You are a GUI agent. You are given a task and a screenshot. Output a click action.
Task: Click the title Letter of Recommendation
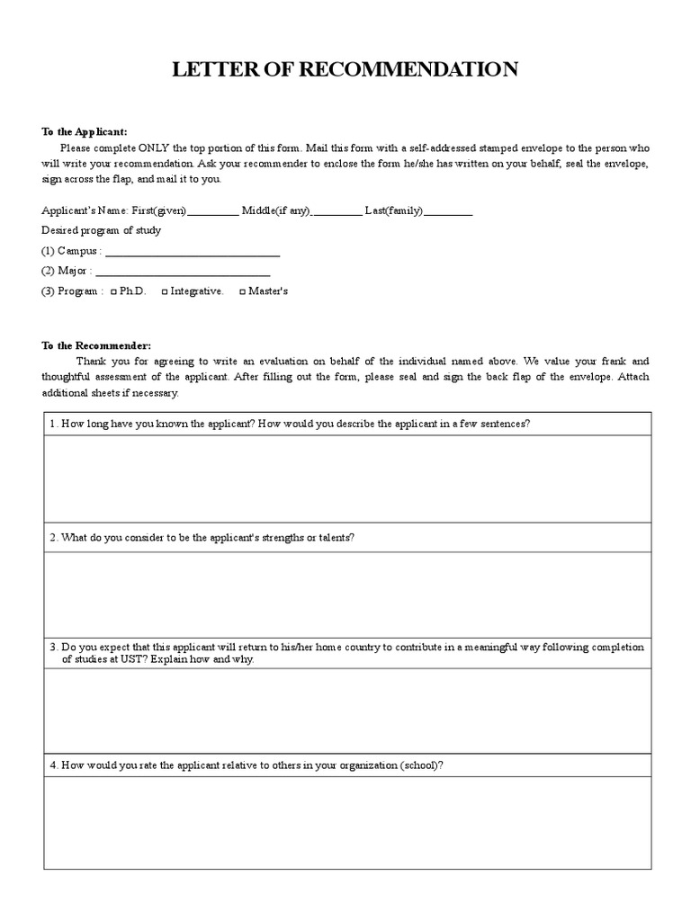[345, 70]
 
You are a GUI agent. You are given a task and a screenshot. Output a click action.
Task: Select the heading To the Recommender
[96, 345]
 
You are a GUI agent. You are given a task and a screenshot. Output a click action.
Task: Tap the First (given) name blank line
[213, 212]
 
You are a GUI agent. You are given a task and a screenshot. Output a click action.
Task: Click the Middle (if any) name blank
[338, 212]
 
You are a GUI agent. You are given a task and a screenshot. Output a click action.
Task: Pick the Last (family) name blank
[448, 212]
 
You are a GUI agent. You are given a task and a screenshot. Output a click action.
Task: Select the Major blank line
[182, 273]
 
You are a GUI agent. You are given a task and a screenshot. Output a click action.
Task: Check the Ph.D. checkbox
[113, 291]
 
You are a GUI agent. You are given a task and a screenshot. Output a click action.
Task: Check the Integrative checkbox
[165, 291]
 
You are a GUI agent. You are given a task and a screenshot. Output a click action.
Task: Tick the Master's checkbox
[242, 291]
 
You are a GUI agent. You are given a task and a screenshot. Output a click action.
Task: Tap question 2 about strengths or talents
[202, 537]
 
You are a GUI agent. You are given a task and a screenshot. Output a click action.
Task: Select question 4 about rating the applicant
[247, 765]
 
